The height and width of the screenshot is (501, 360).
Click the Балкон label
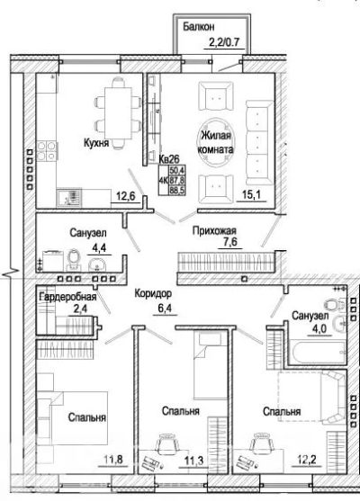click(198, 27)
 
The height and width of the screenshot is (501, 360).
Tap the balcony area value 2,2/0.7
click(224, 41)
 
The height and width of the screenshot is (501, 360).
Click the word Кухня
click(96, 143)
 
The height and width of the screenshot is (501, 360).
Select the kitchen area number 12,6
click(125, 196)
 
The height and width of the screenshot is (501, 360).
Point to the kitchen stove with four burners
click(47, 151)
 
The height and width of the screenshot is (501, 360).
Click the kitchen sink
click(69, 198)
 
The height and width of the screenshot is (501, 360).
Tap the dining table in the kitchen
click(119, 113)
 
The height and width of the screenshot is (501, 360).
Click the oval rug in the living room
click(216, 143)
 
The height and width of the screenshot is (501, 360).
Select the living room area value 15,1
click(250, 194)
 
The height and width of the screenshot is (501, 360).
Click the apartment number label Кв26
click(169, 158)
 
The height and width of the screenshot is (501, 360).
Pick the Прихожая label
click(214, 230)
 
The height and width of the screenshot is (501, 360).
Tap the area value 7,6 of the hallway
click(230, 242)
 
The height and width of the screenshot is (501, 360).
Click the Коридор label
click(153, 293)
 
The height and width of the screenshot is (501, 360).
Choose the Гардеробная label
click(67, 297)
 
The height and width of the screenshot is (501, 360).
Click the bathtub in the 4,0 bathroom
click(318, 352)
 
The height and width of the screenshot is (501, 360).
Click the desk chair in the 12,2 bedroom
click(260, 443)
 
